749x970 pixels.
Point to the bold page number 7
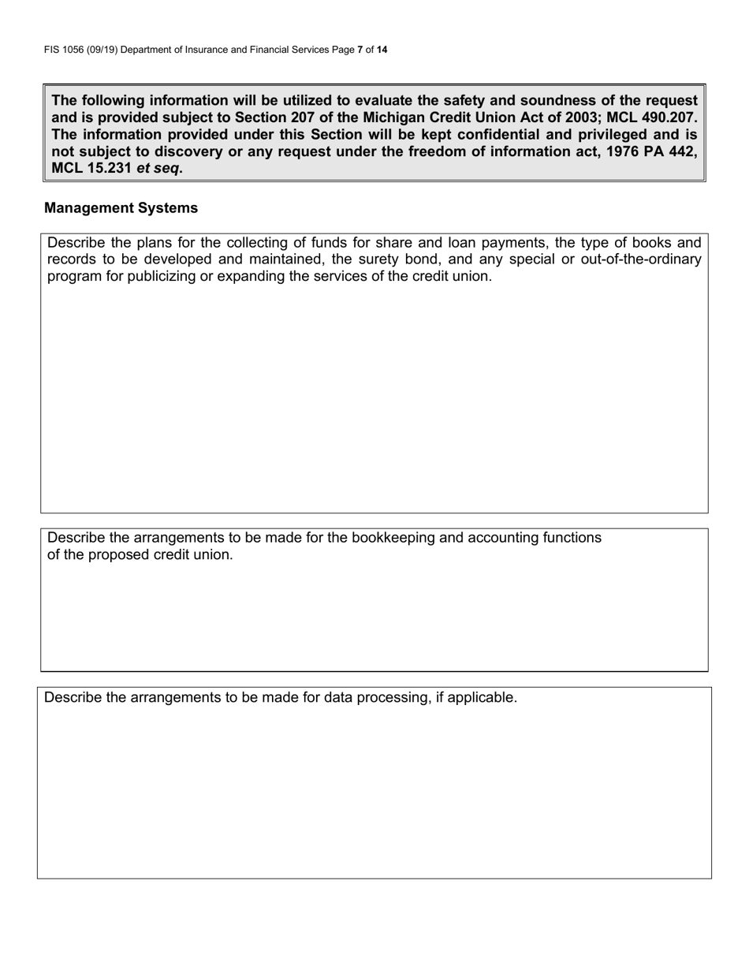[x=360, y=50]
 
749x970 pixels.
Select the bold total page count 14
[x=382, y=50]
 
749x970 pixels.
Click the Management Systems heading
[x=121, y=208]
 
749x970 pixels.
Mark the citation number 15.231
[x=109, y=169]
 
